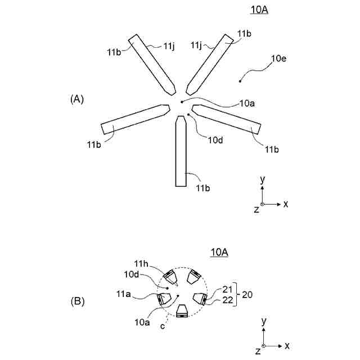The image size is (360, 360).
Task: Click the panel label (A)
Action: point(77,99)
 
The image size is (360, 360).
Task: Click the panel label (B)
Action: point(78,301)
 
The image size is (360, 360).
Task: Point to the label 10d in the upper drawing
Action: point(215,140)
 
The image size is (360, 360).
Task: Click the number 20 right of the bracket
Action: point(247,294)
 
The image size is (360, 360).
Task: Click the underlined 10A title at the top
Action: point(258,10)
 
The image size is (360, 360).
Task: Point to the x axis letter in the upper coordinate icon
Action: point(285,204)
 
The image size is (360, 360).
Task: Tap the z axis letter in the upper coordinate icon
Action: point(256,210)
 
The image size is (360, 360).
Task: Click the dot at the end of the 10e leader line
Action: point(240,82)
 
